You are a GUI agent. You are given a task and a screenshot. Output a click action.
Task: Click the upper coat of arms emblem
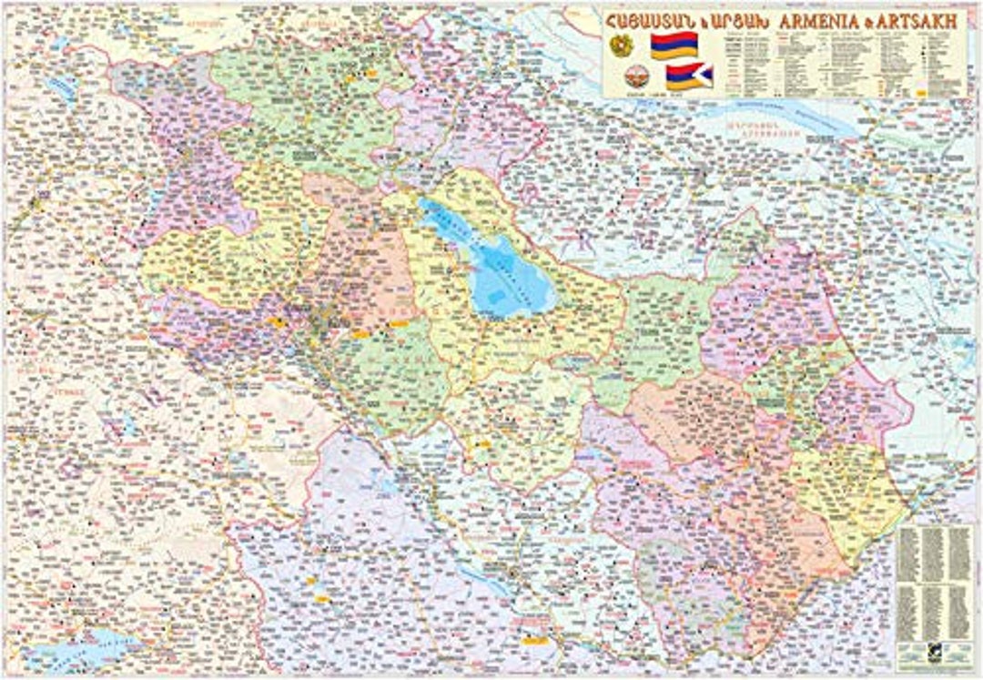tap(622, 46)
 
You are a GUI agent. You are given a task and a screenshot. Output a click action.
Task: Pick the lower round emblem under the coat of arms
tap(622, 77)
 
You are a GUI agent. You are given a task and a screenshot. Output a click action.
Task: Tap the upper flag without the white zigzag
tap(674, 46)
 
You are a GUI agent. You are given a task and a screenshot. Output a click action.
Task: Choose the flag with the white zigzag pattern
tap(689, 76)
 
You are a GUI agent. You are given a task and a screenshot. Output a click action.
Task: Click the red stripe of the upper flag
tap(674, 36)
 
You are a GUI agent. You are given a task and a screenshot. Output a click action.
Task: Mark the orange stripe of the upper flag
tap(674, 55)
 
